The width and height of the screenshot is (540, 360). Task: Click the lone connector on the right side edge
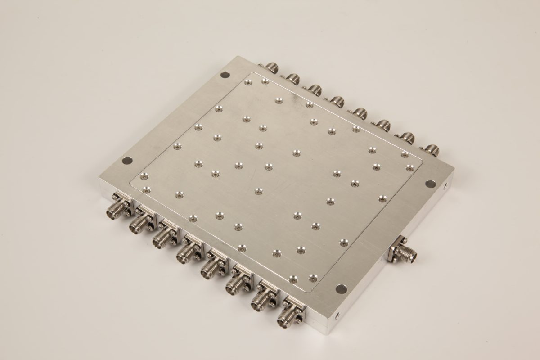coord(402,252)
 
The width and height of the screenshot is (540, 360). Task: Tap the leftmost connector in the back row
coord(272,67)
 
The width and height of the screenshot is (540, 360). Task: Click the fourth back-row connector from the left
coord(337,99)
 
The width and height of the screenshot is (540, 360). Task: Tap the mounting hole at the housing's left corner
coord(128,160)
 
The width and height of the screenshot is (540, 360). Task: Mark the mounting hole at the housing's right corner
coord(430,183)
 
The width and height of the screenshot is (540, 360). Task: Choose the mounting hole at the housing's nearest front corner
coord(339,288)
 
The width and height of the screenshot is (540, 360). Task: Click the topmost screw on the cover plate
coord(247,82)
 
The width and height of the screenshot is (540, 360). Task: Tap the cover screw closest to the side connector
coord(344,242)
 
